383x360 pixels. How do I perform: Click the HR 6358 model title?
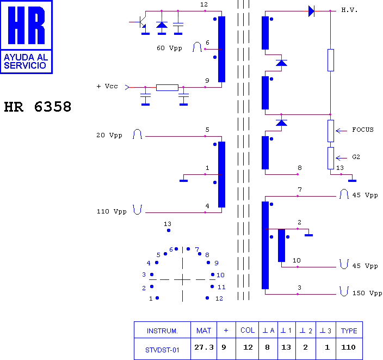pyautogui.click(x=38, y=107)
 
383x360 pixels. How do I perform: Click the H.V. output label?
pyautogui.click(x=349, y=10)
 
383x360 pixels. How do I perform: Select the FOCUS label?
pyautogui.click(x=363, y=130)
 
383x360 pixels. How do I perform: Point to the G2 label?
pyautogui.click(x=356, y=157)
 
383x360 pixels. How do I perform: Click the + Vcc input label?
pyautogui.click(x=107, y=86)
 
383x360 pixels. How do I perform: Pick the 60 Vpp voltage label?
pyautogui.click(x=169, y=48)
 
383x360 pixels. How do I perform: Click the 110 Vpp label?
pyautogui.click(x=112, y=211)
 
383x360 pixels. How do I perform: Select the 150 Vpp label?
pyautogui.click(x=367, y=293)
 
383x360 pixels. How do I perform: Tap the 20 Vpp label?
pyautogui.click(x=109, y=135)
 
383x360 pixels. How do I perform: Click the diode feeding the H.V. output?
pyautogui.click(x=311, y=11)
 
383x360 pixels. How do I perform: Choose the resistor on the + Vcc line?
pyautogui.click(x=168, y=88)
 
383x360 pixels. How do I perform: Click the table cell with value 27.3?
pyautogui.click(x=203, y=347)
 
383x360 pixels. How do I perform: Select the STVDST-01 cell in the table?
pyautogui.click(x=162, y=350)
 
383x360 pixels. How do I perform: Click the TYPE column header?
pyautogui.click(x=349, y=331)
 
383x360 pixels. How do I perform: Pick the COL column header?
pyautogui.click(x=248, y=330)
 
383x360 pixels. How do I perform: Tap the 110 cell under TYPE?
pyautogui.click(x=348, y=347)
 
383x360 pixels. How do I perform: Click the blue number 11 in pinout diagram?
pyautogui.click(x=221, y=287)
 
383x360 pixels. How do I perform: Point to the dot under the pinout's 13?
pyautogui.click(x=169, y=230)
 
